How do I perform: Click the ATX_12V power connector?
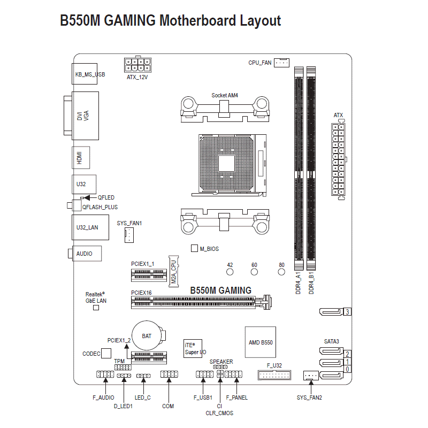137,65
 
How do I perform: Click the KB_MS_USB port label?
90,75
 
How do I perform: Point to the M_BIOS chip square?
195,249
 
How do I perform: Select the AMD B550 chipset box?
261,342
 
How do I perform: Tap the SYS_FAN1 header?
129,234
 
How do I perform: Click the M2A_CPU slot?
174,271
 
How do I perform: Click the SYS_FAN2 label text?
310,398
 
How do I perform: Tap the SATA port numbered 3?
332,311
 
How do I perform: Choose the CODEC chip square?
106,353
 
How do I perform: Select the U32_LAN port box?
86,227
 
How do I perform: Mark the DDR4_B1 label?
312,282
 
